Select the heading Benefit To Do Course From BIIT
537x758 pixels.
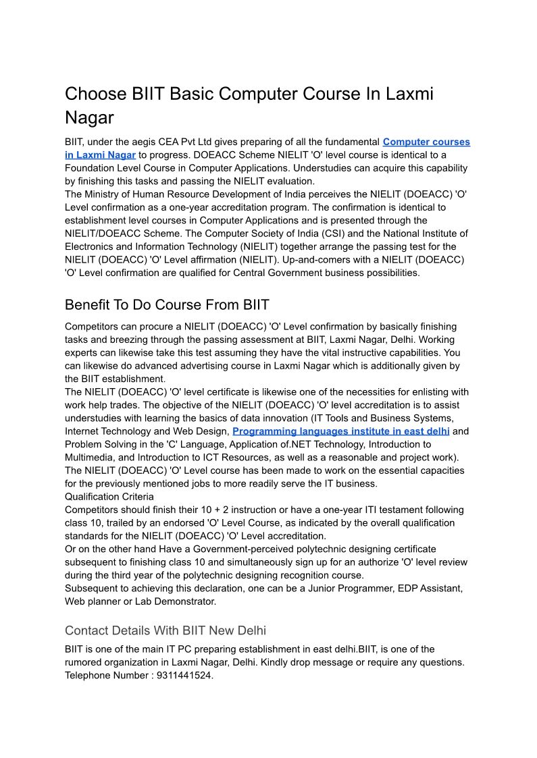pos(167,304)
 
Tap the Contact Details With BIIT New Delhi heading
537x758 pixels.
pos(165,630)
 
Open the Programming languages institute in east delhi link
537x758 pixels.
pos(341,431)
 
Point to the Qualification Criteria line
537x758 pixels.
pos(109,496)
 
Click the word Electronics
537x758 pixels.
pos(93,246)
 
